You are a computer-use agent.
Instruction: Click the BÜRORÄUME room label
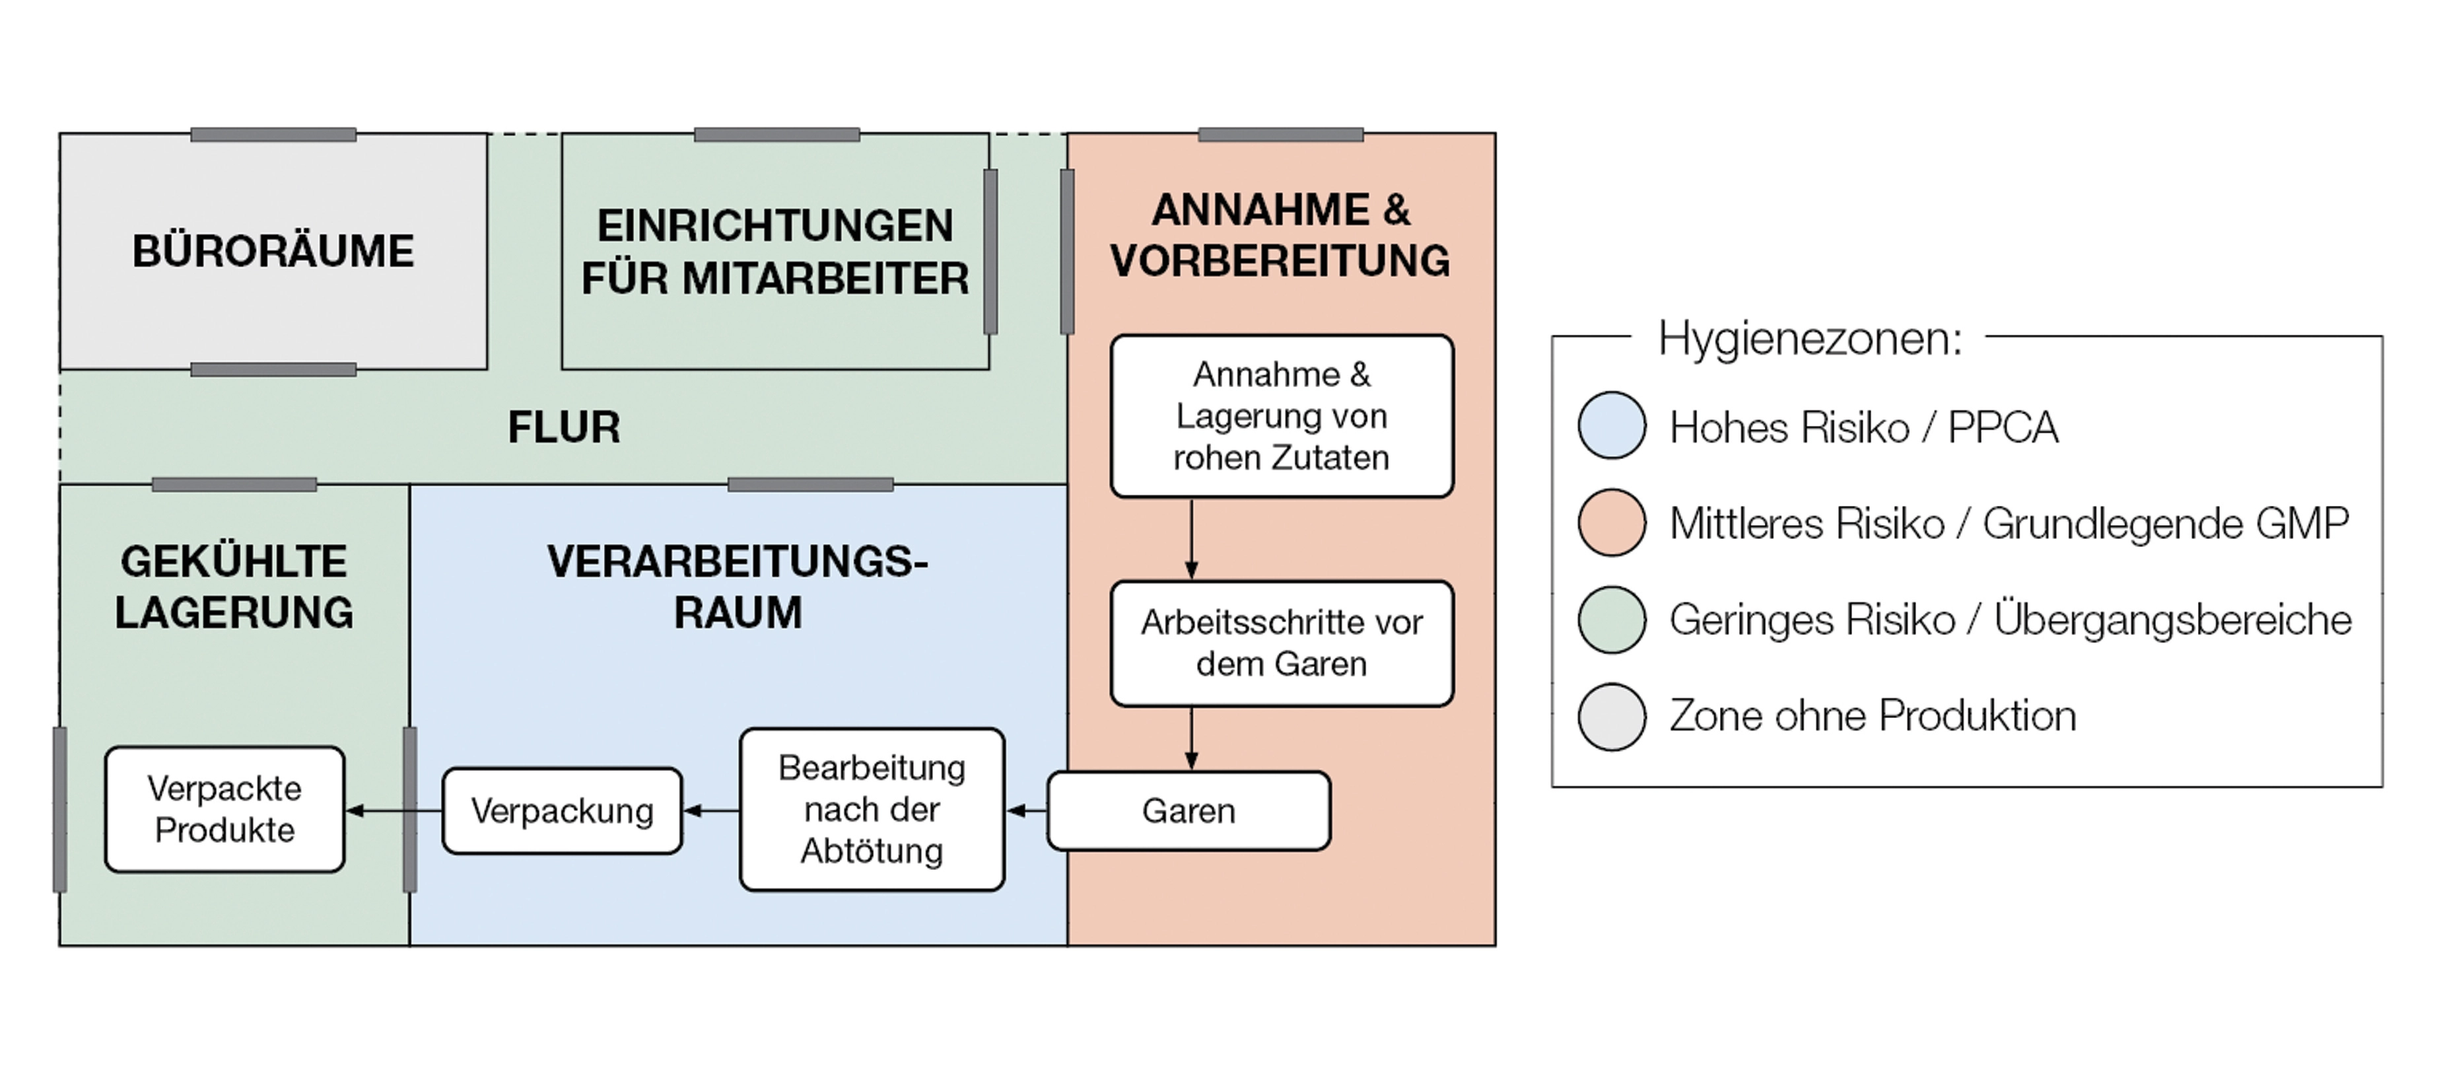coord(273,252)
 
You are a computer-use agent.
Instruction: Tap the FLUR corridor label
coord(564,427)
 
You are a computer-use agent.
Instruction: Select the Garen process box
coord(1188,811)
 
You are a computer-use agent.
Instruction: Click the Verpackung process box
coord(562,811)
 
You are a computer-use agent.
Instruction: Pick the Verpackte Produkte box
coord(225,809)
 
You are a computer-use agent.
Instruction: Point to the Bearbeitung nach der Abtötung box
coord(872,809)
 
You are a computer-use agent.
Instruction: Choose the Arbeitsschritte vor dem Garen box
coord(1282,643)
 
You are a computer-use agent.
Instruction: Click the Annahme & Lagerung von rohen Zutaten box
coord(1282,416)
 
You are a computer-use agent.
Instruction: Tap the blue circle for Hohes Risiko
coord(1612,425)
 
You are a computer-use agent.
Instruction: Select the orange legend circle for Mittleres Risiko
coord(1612,522)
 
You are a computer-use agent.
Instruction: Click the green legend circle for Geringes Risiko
coord(1612,619)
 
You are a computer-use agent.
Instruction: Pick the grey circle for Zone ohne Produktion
coord(1612,716)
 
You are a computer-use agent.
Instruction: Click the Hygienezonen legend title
coord(1809,339)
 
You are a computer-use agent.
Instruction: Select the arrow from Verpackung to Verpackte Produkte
coord(393,811)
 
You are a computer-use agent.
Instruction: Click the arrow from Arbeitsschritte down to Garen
coord(1191,738)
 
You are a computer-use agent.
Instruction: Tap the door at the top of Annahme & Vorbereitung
coord(1280,135)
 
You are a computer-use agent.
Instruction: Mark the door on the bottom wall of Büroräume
coord(273,369)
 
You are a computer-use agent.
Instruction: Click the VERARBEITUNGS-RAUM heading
coord(738,587)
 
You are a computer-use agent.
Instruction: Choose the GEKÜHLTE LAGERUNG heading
coord(234,587)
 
